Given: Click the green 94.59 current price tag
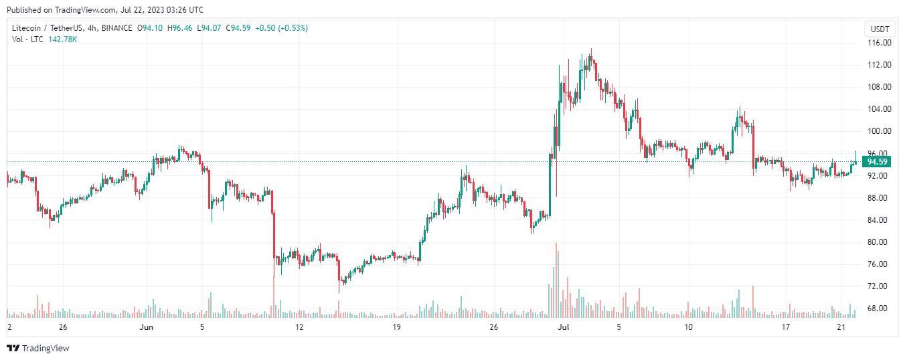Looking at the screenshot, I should [877, 162].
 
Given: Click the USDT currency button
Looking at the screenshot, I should [880, 29].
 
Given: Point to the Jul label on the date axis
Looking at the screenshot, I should [564, 327].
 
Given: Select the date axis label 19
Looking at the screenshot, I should [397, 327].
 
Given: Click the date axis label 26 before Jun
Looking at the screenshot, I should [63, 327].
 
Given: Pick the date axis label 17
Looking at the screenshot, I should [787, 327].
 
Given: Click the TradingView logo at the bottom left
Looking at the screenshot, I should [38, 348].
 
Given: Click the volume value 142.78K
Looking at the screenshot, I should [63, 39].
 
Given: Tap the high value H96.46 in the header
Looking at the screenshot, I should [179, 28].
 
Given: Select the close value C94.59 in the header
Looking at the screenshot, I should [238, 28].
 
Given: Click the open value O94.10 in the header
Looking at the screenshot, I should [150, 28].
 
